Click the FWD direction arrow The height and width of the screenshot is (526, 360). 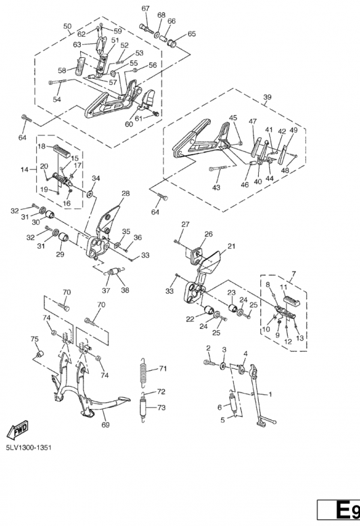click(18, 430)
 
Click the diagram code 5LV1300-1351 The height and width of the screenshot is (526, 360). click(29, 448)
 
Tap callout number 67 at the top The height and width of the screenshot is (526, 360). click(145, 9)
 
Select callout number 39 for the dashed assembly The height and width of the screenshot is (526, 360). click(267, 97)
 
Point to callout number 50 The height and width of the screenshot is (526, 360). click(68, 26)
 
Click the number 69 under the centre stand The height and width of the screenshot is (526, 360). click(105, 425)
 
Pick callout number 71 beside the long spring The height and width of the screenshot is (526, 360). click(162, 369)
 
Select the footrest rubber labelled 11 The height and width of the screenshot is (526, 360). click(292, 300)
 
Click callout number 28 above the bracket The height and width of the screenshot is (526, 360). click(125, 193)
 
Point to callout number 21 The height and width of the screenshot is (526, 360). click(231, 246)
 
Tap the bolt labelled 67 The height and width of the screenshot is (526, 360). click(146, 28)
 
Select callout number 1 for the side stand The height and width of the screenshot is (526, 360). click(270, 394)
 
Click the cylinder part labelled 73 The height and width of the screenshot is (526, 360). click(144, 407)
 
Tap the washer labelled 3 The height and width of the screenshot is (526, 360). click(223, 366)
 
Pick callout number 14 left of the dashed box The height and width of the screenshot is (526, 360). click(24, 170)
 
